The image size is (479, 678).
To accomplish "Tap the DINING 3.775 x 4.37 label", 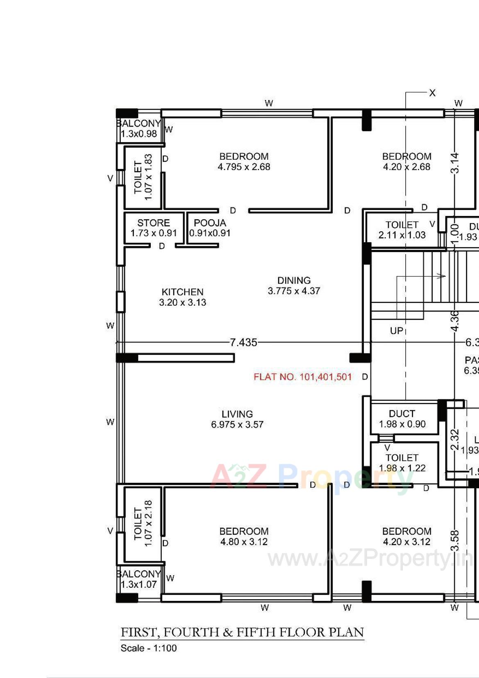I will [294, 286].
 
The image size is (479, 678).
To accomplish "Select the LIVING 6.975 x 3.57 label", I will [237, 419].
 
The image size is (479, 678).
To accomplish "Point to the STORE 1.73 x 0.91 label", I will [154, 228].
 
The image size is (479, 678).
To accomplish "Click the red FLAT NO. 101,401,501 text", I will [302, 377].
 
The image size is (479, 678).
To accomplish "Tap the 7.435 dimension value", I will [243, 342].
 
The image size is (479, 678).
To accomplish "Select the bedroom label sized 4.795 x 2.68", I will [244, 162].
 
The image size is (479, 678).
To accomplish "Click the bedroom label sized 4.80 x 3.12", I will [244, 536].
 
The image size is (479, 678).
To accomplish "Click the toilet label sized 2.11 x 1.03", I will [402, 230].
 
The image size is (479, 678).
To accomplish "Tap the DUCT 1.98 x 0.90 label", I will [402, 419].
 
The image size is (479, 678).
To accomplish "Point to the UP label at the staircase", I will [396, 330].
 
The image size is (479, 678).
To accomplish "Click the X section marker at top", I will [432, 93].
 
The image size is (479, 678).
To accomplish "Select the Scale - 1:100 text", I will [148, 648].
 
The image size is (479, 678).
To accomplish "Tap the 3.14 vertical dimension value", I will [455, 163].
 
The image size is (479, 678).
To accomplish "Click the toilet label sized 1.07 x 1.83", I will [143, 177].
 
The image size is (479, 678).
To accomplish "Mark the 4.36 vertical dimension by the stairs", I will [455, 321].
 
